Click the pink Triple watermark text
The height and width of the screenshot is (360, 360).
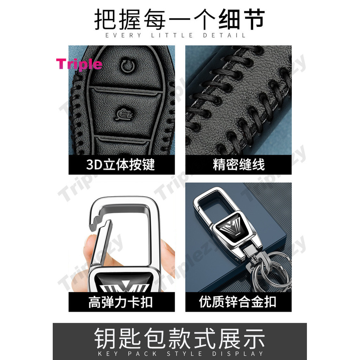click(x=79, y=64)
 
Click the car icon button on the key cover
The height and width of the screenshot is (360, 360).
click(x=124, y=114)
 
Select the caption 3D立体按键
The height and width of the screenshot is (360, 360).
click(x=121, y=165)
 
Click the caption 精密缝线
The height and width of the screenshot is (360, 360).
click(x=239, y=165)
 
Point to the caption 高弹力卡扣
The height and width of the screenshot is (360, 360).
click(x=121, y=302)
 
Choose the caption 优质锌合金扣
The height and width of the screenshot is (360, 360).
click(x=238, y=302)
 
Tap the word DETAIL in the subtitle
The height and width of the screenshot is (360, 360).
click(x=224, y=36)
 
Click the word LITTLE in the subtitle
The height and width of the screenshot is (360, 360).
click(x=172, y=36)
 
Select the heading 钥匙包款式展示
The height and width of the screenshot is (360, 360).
click(x=180, y=338)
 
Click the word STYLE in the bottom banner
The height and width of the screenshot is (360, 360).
click(x=184, y=354)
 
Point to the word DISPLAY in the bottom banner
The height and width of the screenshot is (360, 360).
click(x=238, y=354)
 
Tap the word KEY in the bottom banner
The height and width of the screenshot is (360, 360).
click(x=108, y=354)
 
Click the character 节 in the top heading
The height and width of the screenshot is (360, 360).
click(x=254, y=19)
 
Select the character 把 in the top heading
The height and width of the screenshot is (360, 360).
click(x=105, y=19)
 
